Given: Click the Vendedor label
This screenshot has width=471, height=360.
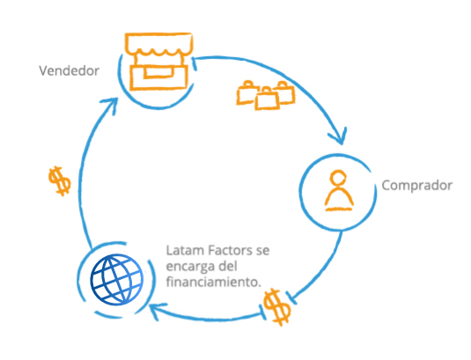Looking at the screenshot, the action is coord(69,71).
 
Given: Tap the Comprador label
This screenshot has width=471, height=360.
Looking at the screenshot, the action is coord(417,186).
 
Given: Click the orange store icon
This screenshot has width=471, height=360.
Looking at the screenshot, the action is coord(158,62).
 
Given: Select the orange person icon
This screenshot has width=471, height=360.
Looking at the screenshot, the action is coord(339,190).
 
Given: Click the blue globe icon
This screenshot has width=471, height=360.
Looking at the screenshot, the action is coord(116,280).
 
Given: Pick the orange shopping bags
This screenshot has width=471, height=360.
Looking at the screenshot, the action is coord(266,95).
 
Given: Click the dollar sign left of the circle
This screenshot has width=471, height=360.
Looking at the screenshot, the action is coord(60,180).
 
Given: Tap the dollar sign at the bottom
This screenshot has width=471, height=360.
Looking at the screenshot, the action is coord(277,307).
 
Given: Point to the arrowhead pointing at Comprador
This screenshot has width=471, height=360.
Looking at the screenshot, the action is coord(339,136).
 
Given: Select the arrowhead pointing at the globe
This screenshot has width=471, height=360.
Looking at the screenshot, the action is coord(156,311).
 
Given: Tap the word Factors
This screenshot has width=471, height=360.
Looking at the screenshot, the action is coord(231,250).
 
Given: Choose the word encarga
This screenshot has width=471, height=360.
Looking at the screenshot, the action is coord(191,267).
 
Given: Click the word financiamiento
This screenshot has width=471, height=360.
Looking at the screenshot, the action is coord(213,282).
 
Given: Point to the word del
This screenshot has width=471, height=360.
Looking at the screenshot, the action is coord(228,266).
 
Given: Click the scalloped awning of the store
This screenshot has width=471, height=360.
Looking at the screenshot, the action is coord(158,44).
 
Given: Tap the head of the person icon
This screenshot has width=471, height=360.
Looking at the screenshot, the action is coord(338,178).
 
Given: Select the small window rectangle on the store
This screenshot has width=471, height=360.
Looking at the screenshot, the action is coord(158,72).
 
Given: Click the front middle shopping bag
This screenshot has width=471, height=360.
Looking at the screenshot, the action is coord(267,99).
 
